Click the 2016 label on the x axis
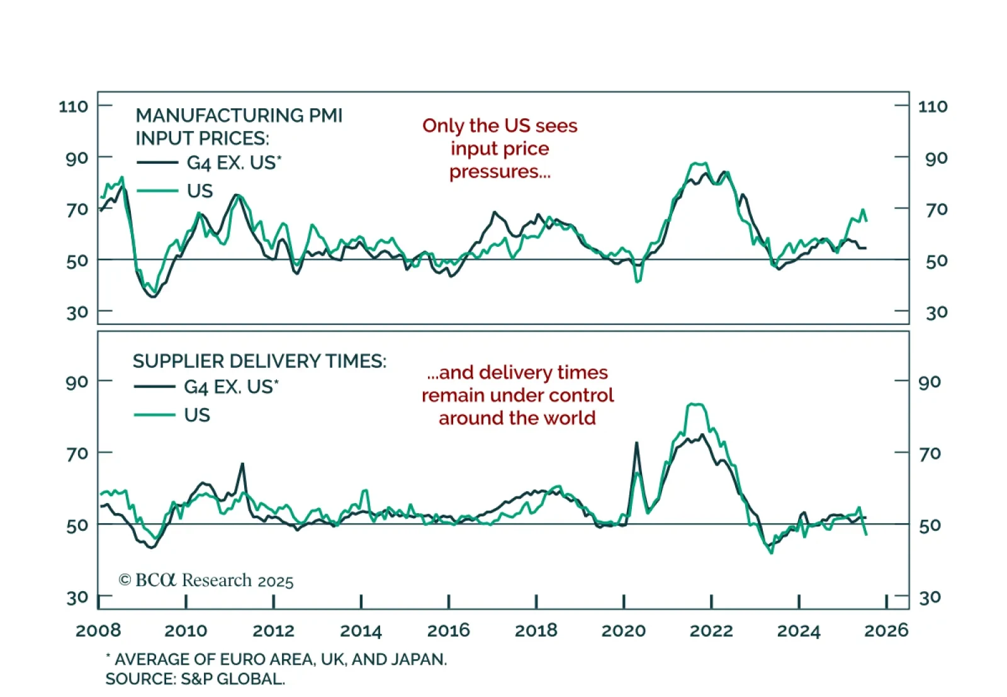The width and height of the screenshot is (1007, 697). coord(448,630)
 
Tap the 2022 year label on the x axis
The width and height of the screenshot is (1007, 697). coord(711,630)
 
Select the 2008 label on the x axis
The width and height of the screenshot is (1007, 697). coord(98,630)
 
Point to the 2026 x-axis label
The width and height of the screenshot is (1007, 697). coord(886,630)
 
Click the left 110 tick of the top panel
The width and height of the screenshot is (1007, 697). coord(74,106)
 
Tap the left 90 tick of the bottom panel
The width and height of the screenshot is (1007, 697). coord(77,382)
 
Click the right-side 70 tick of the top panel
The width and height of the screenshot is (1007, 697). coord(936,209)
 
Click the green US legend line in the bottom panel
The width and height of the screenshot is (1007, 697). coord(154,415)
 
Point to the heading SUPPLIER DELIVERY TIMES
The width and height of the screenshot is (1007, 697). coord(259,361)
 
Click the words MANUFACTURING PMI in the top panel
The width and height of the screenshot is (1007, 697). coord(239,116)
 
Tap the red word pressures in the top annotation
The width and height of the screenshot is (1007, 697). coord(500,172)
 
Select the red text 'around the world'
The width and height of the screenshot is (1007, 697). coord(517,418)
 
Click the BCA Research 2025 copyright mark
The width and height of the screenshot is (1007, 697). coord(206,580)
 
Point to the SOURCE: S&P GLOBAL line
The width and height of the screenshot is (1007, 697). coord(195,679)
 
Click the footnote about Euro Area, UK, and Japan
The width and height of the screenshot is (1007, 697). coord(276,659)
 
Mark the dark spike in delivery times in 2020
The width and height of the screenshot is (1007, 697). coord(636,443)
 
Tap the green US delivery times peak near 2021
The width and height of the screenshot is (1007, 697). coord(695,405)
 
